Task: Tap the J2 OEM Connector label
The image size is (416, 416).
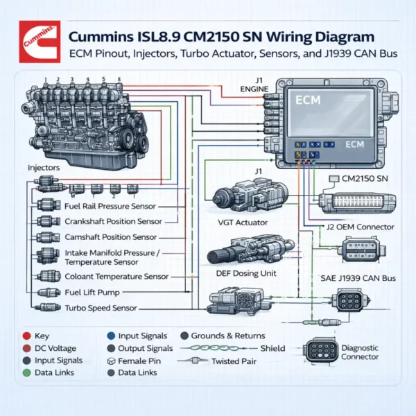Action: tap(360, 227)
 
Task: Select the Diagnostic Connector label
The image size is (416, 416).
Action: tap(360, 352)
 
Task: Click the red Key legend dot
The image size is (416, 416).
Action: tap(26, 335)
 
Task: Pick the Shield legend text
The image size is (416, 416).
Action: tap(272, 348)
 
